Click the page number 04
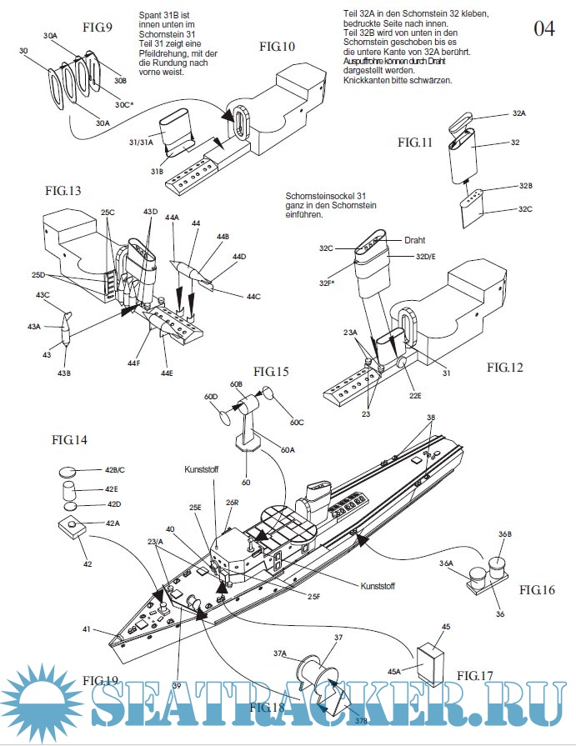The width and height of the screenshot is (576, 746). click(544, 28)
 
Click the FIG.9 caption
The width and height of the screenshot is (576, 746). click(98, 27)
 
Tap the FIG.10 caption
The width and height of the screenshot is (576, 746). click(277, 46)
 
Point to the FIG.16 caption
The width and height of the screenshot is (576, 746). click(537, 589)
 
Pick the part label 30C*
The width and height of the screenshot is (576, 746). click(124, 106)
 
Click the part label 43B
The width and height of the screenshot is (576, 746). click(63, 373)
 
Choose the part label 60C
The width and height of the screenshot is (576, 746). click(297, 423)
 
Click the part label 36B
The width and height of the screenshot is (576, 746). click(505, 534)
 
